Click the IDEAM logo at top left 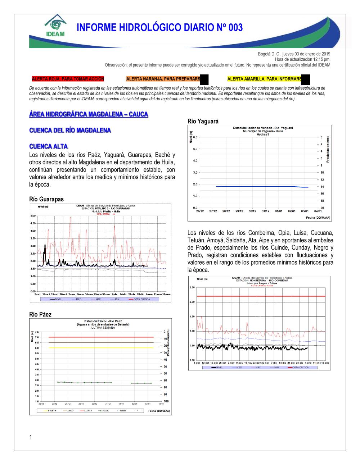[55, 26]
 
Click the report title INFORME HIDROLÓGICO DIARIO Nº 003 [159, 28]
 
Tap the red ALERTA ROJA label [68, 79]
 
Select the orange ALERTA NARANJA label [163, 79]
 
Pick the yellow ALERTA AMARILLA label [265, 79]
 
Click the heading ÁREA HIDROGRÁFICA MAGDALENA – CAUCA [89, 114]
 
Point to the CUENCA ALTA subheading [48, 146]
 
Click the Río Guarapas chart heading [46, 199]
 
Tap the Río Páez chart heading [40, 314]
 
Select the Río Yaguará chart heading [203, 121]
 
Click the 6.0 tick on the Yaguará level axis [195, 137]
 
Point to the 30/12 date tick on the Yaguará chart [252, 211]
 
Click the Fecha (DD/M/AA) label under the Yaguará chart [318, 218]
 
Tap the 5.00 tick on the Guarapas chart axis [33, 216]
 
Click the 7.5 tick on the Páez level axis [37, 332]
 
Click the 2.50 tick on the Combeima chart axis [192, 287]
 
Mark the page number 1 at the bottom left [31, 437]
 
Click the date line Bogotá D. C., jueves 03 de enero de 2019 [294, 54]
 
